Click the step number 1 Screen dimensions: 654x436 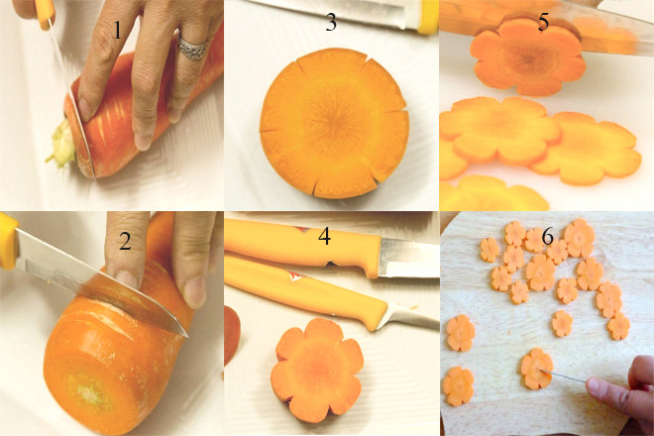(118, 30)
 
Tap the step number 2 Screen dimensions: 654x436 (125, 241)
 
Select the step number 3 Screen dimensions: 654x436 (331, 22)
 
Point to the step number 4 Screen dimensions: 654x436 (324, 236)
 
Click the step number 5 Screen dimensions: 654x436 (543, 22)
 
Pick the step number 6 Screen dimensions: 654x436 (547, 237)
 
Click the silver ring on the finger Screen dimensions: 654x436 (192, 48)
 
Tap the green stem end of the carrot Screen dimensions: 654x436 (62, 144)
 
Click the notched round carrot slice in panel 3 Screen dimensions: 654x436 (334, 123)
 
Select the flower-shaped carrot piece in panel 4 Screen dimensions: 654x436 (317, 370)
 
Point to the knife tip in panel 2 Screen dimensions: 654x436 (187, 335)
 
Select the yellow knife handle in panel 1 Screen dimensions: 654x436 (44, 13)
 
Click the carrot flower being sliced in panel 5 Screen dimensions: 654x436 (528, 57)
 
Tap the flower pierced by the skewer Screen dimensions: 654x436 (537, 369)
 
